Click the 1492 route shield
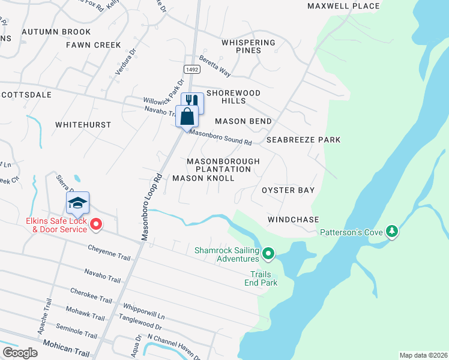(192, 70)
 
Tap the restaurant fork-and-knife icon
(192, 101)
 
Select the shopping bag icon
(187, 115)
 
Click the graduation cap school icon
(77, 203)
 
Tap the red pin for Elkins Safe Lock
(96, 225)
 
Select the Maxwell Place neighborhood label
(343, 6)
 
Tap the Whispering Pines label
(248, 46)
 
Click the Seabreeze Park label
(303, 140)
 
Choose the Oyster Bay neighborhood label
(288, 190)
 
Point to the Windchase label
(293, 220)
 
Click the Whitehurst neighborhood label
(83, 125)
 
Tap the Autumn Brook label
(56, 32)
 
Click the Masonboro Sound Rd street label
(221, 137)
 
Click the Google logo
(20, 353)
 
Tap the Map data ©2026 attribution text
(423, 355)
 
